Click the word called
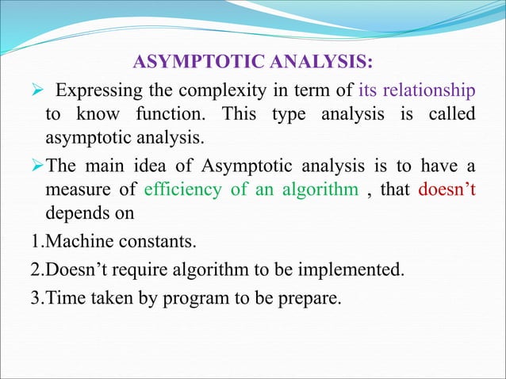click(451, 114)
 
